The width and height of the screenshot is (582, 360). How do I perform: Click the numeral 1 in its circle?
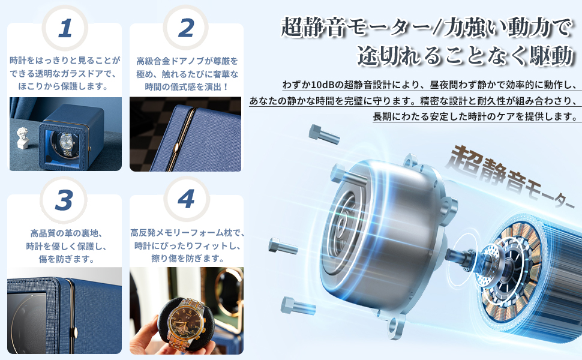65,29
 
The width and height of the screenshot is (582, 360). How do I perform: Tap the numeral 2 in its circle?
186,28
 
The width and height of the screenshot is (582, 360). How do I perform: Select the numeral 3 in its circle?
64,200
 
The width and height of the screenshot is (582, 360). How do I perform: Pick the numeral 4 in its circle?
187,199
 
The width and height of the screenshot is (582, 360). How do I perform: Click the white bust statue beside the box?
23,139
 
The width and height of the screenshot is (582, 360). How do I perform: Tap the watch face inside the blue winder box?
67,142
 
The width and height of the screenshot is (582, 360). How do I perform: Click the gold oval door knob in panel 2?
176,148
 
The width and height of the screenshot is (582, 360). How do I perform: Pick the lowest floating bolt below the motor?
298,306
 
